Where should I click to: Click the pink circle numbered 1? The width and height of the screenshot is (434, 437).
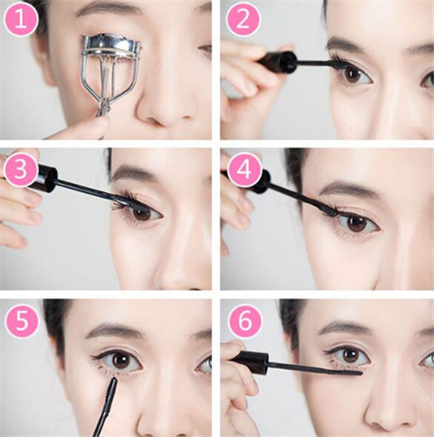coord(21,20)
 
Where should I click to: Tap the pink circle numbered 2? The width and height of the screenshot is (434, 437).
coord(243,20)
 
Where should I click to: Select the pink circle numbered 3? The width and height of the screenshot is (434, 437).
coord(21,170)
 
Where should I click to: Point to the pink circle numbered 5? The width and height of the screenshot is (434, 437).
coord(22,321)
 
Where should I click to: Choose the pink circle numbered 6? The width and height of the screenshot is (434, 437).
coord(245,321)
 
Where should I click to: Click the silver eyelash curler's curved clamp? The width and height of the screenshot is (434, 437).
coord(111,45)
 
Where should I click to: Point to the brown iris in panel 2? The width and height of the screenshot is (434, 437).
coord(353,75)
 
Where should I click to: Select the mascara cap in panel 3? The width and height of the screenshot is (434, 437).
coord(44,178)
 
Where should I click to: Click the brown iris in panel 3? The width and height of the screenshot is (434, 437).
coord(142,213)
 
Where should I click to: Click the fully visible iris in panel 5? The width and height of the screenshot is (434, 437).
coord(121,360)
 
